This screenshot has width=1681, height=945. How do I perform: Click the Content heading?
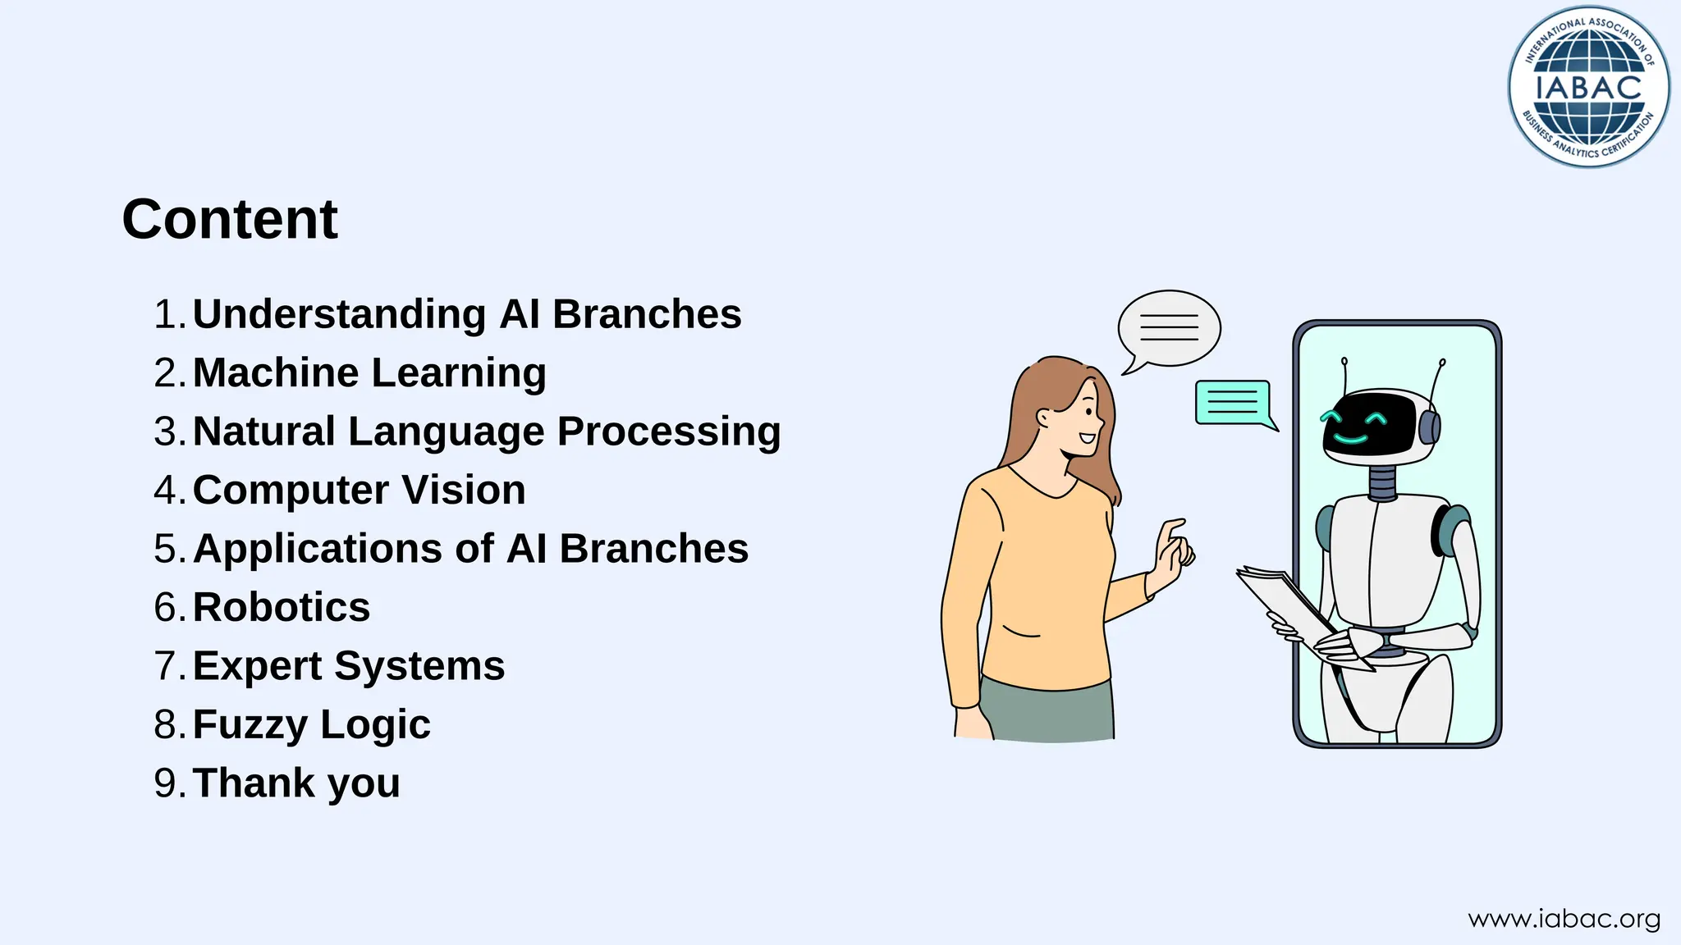point(230,219)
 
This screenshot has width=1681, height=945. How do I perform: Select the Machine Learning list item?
point(369,373)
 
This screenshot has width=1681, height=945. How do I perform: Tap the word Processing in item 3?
point(669,431)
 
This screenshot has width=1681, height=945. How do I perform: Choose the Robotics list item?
point(281,608)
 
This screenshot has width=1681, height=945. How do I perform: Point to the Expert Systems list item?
point(348,666)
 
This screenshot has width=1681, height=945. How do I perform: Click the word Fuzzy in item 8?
point(250,725)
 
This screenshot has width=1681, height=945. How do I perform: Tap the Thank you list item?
point(295,783)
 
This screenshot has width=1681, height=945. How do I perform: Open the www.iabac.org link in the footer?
point(1564,919)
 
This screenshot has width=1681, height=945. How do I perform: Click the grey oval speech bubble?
point(1170,328)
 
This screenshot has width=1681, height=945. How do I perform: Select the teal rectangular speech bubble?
point(1233,402)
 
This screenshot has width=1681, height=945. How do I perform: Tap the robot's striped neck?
point(1383,483)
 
